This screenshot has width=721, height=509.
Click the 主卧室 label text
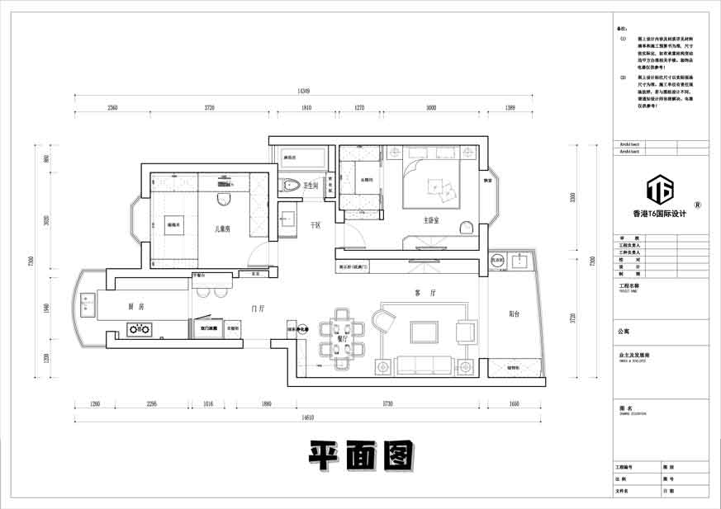tap(431, 220)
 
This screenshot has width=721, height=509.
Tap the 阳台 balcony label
tap(515, 313)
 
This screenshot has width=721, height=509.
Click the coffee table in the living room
tap(425, 332)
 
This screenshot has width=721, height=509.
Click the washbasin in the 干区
tap(288, 219)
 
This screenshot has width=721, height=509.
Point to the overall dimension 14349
tap(303, 92)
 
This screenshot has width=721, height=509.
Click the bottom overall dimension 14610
tap(306, 418)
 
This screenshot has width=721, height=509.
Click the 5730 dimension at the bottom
tap(387, 403)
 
